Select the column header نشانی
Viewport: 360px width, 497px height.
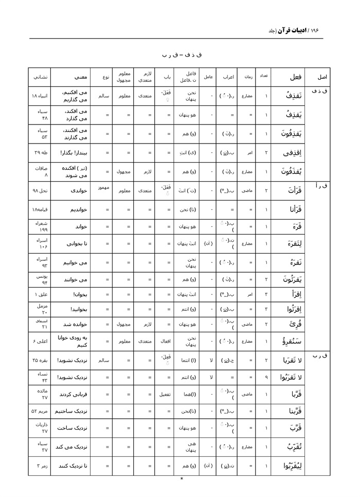tap(41, 77)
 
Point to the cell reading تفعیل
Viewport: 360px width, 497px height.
tap(165, 395)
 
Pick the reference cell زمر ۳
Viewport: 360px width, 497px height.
tap(40, 466)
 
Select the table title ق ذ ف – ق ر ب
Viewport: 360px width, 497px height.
tap(180, 55)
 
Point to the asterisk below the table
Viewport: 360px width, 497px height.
tap(182, 479)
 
